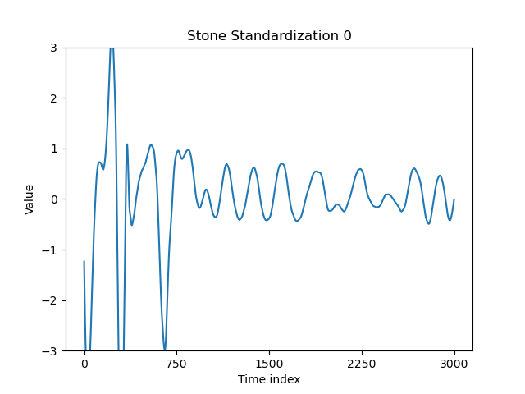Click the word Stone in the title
pyautogui.click(x=204, y=36)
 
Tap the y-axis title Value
pyautogui.click(x=30, y=199)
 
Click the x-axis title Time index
pyautogui.click(x=269, y=379)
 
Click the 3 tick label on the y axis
pyautogui.click(x=52, y=48)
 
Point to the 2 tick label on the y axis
pyautogui.click(x=52, y=98)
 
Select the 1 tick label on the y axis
pyautogui.click(x=52, y=149)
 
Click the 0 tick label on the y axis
pyautogui.click(x=52, y=199)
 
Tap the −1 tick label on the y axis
pyautogui.click(x=49, y=250)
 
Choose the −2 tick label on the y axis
pyautogui.click(x=49, y=300)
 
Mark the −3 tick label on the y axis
pyautogui.click(x=49, y=351)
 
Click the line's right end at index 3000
pyautogui.click(x=454, y=199)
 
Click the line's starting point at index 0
pyautogui.click(x=84, y=262)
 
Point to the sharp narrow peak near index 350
pyautogui.click(x=126, y=144)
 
